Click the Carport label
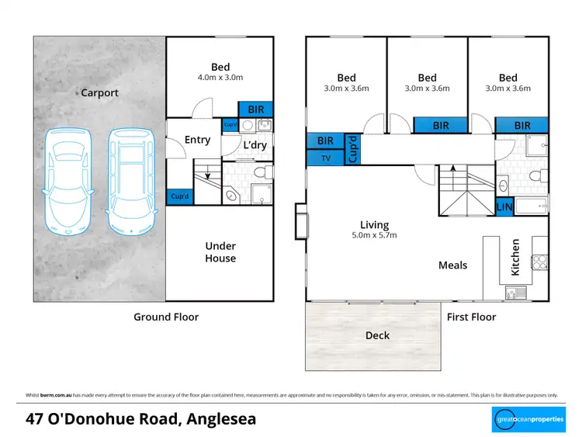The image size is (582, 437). [x=100, y=93]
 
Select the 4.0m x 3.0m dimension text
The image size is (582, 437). [x=220, y=78]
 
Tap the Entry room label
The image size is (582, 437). [x=197, y=140]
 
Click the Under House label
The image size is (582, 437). [x=220, y=252]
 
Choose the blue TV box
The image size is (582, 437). [x=324, y=158]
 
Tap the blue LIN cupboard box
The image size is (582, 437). [x=504, y=207]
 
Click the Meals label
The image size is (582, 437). [x=452, y=265]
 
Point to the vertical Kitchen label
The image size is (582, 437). [x=514, y=256]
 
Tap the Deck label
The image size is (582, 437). [x=377, y=335]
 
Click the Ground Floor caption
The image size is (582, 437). [x=166, y=317]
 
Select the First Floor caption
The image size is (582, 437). [x=471, y=317]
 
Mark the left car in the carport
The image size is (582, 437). [x=68, y=180]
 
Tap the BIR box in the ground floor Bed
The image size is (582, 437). [x=255, y=110]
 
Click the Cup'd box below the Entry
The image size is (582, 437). [x=179, y=197]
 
